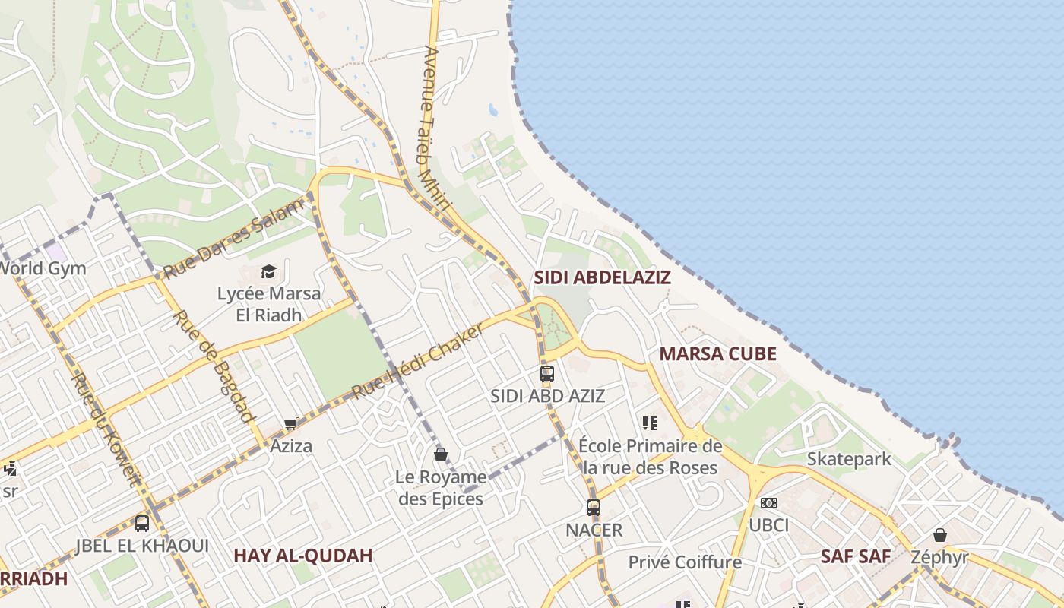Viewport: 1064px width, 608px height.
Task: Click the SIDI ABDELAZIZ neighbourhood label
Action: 602,277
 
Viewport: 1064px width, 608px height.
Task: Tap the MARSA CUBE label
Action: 717,353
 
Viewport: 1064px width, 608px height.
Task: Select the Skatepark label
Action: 849,459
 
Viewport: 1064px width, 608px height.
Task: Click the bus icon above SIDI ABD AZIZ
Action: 547,373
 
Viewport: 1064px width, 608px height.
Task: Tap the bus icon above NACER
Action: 594,507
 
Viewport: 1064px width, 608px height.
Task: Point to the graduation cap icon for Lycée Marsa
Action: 268,271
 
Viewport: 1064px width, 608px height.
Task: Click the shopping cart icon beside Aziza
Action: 290,424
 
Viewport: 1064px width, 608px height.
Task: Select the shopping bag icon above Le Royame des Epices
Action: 440,454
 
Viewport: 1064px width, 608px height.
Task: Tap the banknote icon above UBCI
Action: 769,503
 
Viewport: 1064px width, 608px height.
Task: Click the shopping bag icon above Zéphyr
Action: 940,535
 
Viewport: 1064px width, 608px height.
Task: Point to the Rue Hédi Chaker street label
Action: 418,361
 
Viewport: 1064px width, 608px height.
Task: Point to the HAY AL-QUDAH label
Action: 302,556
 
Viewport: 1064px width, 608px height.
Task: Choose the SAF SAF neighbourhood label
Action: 855,556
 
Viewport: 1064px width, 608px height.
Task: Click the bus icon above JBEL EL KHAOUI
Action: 142,523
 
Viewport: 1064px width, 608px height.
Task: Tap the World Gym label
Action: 42,268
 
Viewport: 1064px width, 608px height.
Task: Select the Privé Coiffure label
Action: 685,562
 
